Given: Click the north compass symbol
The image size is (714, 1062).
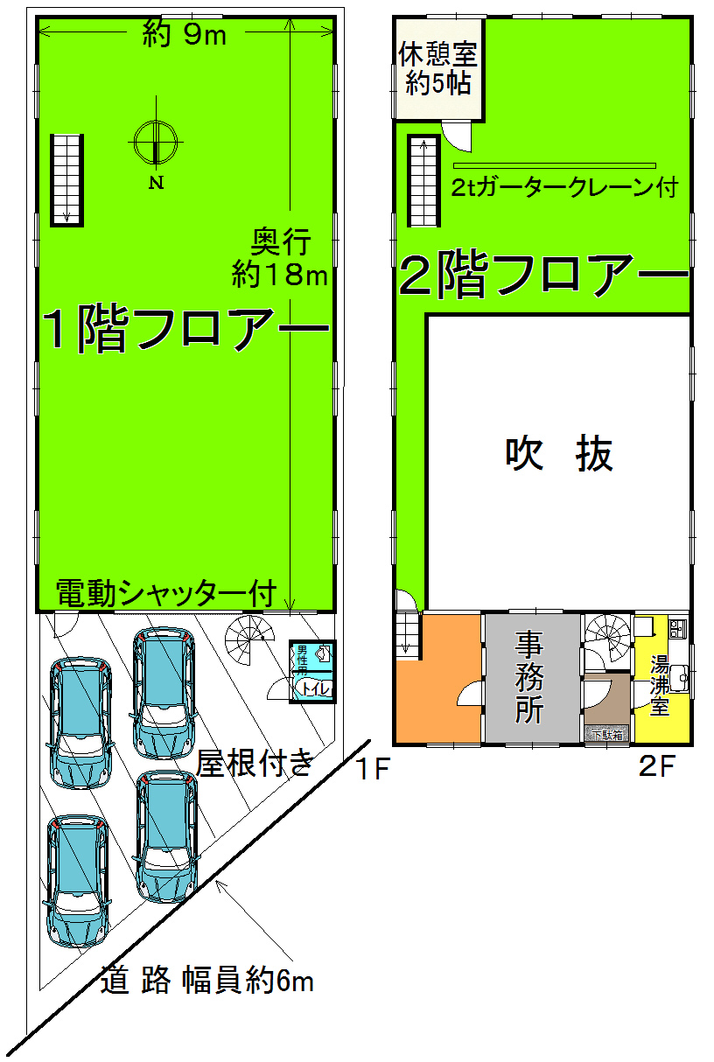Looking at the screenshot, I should [x=156, y=142].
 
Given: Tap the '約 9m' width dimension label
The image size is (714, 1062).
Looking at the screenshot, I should [x=185, y=37].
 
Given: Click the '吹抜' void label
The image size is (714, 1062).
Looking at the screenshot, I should [x=559, y=455].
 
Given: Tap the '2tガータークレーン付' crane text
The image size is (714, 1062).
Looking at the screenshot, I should [x=564, y=187].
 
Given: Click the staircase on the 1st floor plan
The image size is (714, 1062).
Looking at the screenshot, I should [x=65, y=178].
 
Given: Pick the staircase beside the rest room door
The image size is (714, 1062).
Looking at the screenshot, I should [x=423, y=180].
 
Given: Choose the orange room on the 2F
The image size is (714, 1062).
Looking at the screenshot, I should [x=437, y=682].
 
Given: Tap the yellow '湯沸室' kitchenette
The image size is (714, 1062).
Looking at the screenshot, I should [x=662, y=687].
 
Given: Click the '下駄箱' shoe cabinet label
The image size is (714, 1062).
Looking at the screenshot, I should [x=606, y=735].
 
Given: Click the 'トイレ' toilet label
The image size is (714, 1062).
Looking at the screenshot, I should [x=314, y=689].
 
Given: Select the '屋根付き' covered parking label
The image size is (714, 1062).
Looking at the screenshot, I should [x=254, y=764].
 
